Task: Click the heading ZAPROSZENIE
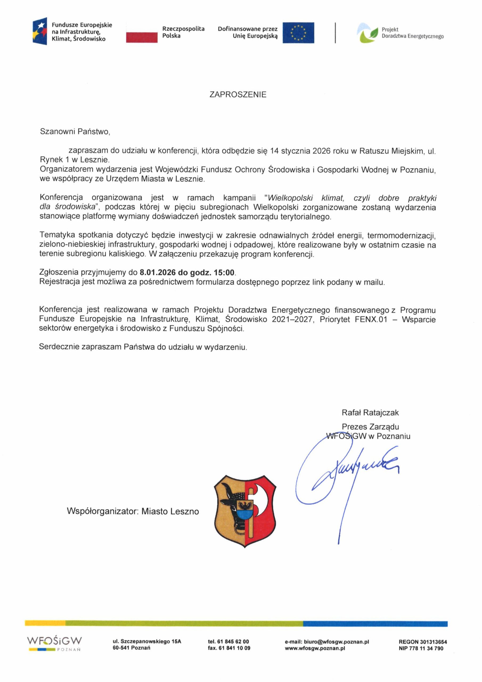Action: click(x=238, y=95)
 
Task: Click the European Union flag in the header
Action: click(x=298, y=33)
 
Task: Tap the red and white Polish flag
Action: click(x=142, y=33)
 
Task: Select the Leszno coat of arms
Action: click(x=245, y=511)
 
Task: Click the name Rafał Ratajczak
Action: click(x=370, y=413)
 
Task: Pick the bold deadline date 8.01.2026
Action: click(x=158, y=272)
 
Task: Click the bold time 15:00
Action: click(x=224, y=272)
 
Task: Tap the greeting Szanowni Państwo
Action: click(x=75, y=132)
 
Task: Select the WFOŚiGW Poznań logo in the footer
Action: click(x=55, y=644)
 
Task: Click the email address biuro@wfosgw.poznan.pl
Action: click(x=337, y=642)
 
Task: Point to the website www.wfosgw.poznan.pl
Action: click(x=315, y=648)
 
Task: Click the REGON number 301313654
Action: click(x=433, y=642)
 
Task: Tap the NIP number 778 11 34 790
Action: click(x=426, y=648)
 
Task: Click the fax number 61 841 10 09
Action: click(x=234, y=648)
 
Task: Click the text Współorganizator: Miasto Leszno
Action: click(x=133, y=511)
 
